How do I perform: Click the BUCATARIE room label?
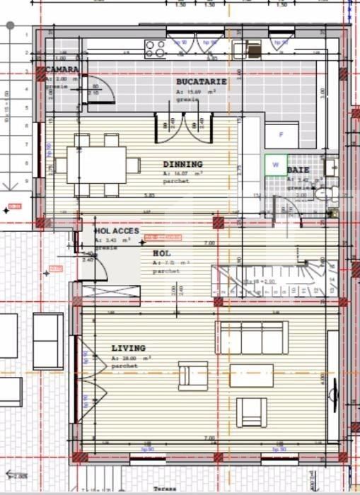point(202,81)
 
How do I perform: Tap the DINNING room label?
point(182,164)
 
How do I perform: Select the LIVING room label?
point(128,348)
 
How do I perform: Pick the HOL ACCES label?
point(117,231)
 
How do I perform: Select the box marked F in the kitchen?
point(281,134)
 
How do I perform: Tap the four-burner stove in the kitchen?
point(155,48)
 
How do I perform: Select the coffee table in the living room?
point(251,375)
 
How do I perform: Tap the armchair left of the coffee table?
point(192,374)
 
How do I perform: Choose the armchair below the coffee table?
point(252,412)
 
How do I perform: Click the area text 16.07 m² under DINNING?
point(182,173)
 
